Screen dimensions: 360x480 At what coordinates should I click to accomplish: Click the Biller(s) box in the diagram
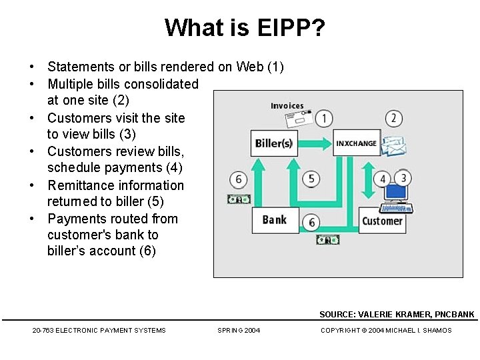tap(274, 143)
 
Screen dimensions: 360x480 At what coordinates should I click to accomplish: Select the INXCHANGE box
tap(356, 143)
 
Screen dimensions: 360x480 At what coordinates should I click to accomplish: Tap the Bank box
tap(275, 220)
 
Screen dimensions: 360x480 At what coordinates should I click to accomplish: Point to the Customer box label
tap(382, 221)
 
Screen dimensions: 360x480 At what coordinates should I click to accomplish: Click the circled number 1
tap(324, 119)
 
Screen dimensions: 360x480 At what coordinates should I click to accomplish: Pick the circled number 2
tap(393, 119)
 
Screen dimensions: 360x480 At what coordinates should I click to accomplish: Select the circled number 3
tap(403, 178)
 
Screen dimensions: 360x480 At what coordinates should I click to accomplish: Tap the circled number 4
tap(383, 179)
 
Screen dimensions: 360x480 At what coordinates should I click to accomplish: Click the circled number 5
tap(311, 179)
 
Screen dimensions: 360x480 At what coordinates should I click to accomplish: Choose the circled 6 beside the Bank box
tap(311, 222)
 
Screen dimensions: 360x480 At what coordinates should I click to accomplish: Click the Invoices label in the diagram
tap(287, 105)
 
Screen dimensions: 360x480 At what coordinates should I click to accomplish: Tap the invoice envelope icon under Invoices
tap(297, 119)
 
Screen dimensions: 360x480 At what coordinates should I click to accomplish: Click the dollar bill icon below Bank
tap(327, 239)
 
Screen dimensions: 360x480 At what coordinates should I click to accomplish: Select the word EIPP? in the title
tap(284, 27)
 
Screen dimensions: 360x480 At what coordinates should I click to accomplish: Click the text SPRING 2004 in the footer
tap(239, 330)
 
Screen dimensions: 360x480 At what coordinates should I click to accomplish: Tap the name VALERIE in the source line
tap(379, 314)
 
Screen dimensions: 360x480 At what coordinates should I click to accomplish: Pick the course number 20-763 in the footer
tap(43, 330)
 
